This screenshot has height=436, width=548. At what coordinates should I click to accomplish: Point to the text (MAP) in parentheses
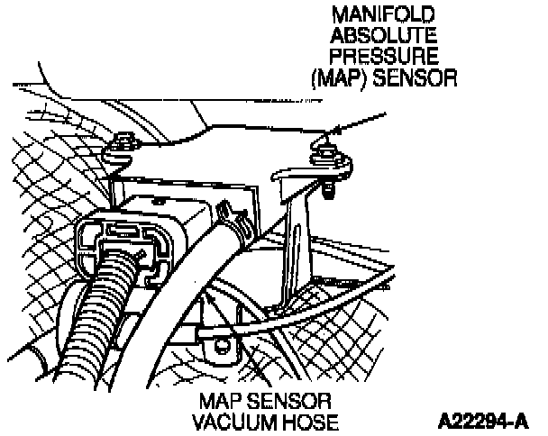[x=333, y=79]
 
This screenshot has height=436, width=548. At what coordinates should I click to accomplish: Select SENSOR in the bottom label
[x=293, y=400]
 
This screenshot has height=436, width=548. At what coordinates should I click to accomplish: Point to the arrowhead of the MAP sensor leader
[x=319, y=138]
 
